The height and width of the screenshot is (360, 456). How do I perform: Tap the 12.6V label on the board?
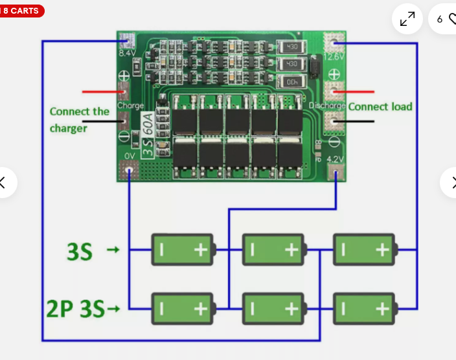(x=334, y=57)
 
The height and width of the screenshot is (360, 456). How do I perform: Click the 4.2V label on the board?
(x=334, y=159)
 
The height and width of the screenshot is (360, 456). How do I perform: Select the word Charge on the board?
(x=131, y=105)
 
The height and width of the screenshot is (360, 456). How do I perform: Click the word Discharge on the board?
(x=326, y=105)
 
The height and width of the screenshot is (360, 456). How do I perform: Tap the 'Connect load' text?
(x=380, y=107)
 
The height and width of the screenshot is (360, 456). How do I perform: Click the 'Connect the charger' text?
(x=79, y=120)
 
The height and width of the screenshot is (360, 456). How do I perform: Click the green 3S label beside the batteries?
(x=80, y=251)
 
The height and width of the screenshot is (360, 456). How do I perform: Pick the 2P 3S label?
(x=75, y=309)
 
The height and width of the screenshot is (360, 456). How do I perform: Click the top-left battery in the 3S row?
(x=183, y=249)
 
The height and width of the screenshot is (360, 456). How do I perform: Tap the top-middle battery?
(x=274, y=249)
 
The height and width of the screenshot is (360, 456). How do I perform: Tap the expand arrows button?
(x=407, y=19)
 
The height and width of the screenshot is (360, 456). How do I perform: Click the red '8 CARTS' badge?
(x=21, y=10)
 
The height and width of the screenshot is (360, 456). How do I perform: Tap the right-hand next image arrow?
(x=450, y=182)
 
